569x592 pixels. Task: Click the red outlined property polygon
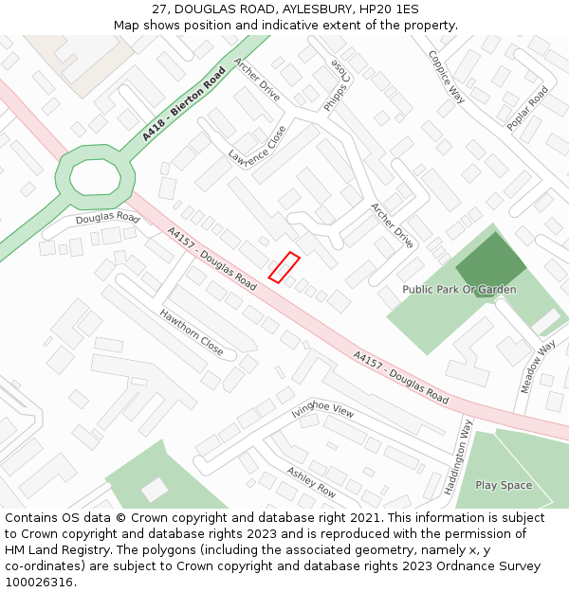[x=284, y=267]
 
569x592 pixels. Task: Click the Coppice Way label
[x=446, y=77]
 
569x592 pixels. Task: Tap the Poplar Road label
[x=527, y=108]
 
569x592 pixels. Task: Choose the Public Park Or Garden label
[x=459, y=289]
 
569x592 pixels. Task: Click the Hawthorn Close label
[x=192, y=332]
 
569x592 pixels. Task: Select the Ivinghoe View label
[x=322, y=409]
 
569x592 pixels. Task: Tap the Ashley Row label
[x=311, y=482]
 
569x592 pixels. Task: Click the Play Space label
[x=504, y=485]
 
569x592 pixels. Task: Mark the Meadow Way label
[x=538, y=367]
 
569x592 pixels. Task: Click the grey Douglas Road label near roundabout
[x=107, y=219]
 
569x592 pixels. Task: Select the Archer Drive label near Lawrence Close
[x=256, y=81]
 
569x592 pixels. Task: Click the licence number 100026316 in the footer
[x=40, y=582]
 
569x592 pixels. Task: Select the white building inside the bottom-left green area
[x=155, y=490]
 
